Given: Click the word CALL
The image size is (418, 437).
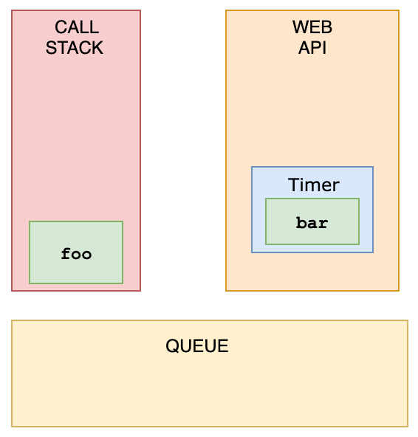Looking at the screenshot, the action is [x=77, y=27].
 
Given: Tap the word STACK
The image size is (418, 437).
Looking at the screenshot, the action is [x=75, y=48].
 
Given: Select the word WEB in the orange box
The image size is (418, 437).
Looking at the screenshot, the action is [x=312, y=27].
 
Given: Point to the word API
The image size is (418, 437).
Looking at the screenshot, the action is [x=312, y=48].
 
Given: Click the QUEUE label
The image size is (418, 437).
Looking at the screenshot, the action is [x=197, y=346].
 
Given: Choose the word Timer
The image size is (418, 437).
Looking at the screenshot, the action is [x=314, y=185].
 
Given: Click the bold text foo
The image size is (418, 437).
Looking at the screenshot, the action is [x=76, y=254].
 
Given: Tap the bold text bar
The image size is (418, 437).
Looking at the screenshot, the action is [x=312, y=223].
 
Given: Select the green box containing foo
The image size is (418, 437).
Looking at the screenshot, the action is [x=76, y=252].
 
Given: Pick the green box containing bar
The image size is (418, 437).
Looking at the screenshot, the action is [x=312, y=221].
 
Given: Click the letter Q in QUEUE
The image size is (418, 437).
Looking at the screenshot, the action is [x=172, y=346].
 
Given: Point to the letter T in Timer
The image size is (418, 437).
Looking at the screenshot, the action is [x=294, y=185].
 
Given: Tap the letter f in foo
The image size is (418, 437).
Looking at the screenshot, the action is [x=66, y=254].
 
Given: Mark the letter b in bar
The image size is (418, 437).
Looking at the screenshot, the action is [x=301, y=223].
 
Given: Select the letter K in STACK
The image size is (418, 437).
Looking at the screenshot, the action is [x=97, y=48].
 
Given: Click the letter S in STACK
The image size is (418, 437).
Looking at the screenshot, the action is [x=51, y=48].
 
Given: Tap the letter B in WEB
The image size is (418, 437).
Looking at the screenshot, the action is [x=327, y=27].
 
